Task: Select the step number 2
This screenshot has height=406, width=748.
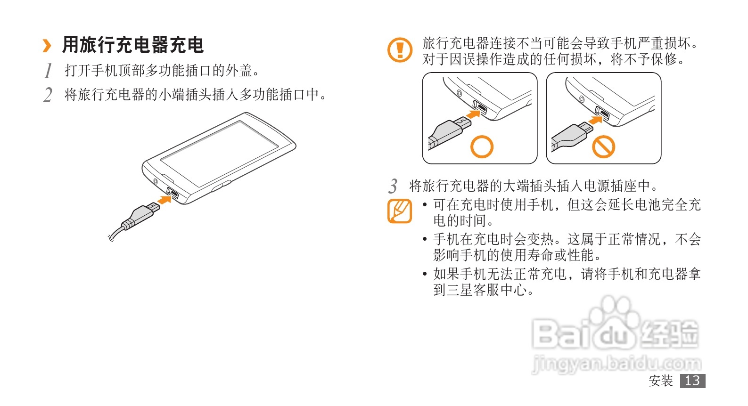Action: point(48,95)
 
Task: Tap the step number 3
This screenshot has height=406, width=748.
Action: point(393,186)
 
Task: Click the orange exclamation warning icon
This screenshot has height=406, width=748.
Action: point(400,50)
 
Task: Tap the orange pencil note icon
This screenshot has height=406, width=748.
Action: point(400,211)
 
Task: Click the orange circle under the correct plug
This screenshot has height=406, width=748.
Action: point(482,146)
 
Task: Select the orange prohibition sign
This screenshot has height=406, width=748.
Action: point(603,146)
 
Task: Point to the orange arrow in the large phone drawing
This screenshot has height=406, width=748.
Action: point(164,200)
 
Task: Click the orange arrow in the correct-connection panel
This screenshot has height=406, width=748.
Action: point(473,114)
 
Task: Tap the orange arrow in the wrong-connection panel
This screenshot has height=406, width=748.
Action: point(595,120)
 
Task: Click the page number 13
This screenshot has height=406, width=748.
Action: point(692,381)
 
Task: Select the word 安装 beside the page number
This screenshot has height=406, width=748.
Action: point(661,381)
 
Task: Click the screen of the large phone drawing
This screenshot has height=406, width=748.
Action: point(219,154)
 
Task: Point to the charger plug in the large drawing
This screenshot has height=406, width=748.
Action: point(140,216)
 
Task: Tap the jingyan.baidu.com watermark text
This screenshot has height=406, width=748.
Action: point(616,364)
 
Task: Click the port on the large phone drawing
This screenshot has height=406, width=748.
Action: point(173,193)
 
